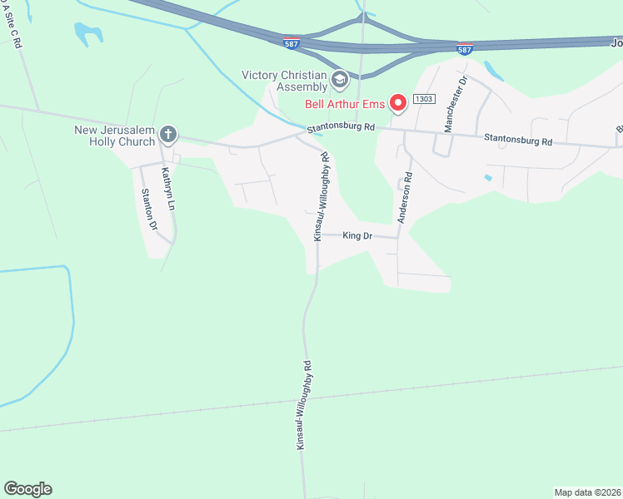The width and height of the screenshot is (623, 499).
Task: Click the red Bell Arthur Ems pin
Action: point(398,102)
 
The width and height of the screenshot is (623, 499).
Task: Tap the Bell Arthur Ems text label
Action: point(344,103)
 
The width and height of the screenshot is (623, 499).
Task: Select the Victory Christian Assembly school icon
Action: point(339,80)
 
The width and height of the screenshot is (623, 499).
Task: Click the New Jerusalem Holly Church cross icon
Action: point(167,134)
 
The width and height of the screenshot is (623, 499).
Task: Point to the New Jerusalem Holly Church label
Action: point(114,136)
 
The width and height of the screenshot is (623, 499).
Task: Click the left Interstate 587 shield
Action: point(291,42)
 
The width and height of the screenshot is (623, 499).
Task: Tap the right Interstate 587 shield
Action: point(465,50)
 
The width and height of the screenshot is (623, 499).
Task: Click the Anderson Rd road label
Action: point(405,198)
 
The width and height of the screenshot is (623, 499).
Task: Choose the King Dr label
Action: point(356,236)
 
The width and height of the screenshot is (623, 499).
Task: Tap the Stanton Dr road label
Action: point(148,209)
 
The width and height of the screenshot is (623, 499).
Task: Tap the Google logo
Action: point(27,489)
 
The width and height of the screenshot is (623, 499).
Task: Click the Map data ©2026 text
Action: point(588,492)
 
